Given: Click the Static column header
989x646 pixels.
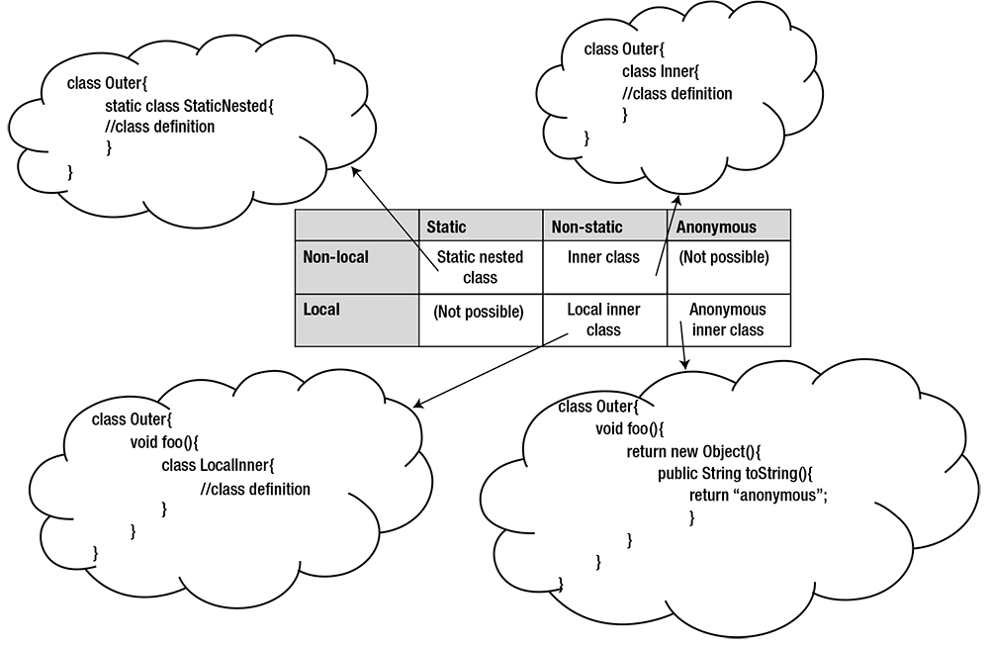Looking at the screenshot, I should [446, 227].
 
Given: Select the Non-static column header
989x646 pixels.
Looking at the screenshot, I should [586, 227].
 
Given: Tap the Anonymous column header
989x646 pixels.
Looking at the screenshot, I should [716, 227].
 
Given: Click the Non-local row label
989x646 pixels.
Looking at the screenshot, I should [335, 257].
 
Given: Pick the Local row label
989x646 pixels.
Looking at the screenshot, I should [321, 310].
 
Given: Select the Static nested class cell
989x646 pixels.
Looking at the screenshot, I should [480, 267].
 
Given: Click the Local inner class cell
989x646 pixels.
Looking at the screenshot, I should [603, 320].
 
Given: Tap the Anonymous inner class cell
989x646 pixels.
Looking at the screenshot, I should [728, 320].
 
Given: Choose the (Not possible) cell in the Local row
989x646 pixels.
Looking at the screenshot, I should [478, 312].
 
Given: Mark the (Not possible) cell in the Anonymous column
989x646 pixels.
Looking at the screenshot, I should [723, 257].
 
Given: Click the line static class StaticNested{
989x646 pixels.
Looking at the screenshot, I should [187, 105].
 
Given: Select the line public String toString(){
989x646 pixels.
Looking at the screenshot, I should [734, 473].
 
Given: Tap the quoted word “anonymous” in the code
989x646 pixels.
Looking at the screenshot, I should [780, 495].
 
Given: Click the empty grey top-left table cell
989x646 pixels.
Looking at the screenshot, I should [356, 226].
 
